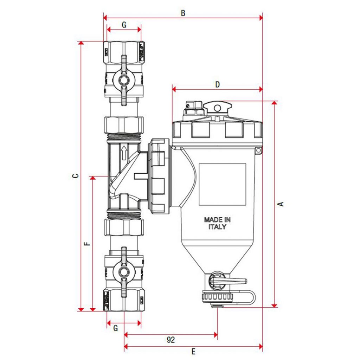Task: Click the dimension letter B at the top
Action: click(183, 13)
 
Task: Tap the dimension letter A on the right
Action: click(281, 204)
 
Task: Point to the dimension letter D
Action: click(217, 85)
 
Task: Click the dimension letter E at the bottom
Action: click(193, 351)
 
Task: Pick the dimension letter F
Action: click(88, 243)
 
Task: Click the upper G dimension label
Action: click(124, 25)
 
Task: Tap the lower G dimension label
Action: click(116, 328)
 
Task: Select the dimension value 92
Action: click(171, 340)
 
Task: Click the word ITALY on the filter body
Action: click(217, 227)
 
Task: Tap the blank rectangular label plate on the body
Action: click(222, 184)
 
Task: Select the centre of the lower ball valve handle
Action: click(123, 272)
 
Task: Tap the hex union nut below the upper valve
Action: click(124, 125)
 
